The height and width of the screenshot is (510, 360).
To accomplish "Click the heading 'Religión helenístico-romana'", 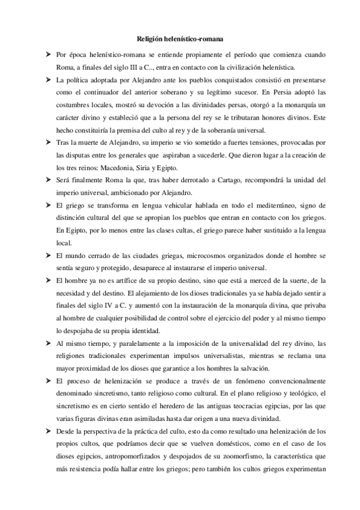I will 180,40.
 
